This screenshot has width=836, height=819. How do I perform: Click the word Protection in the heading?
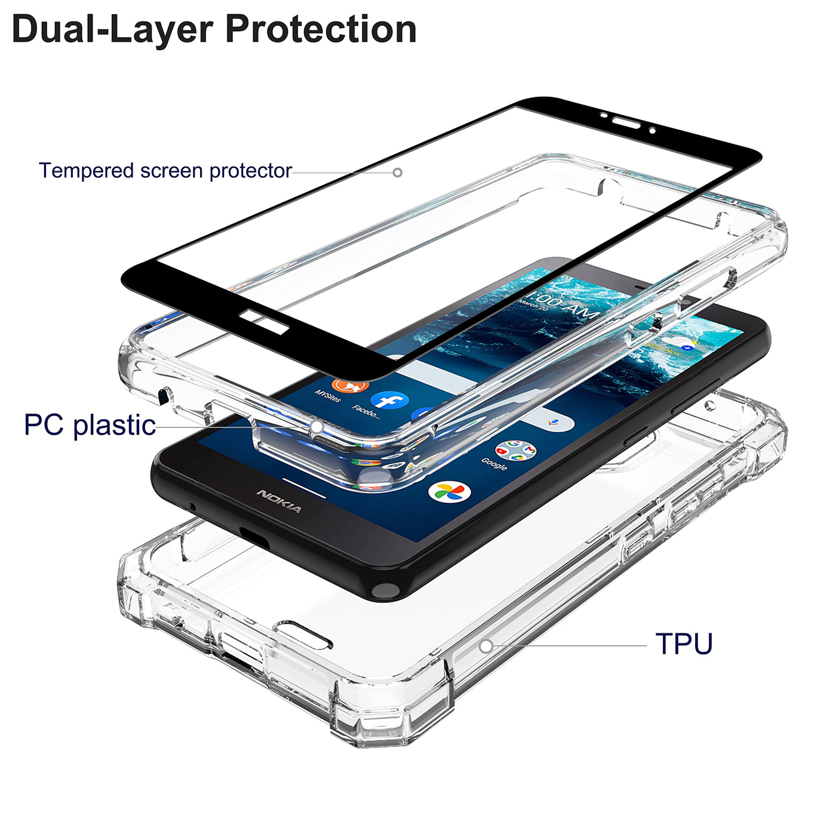pyautogui.click(x=321, y=29)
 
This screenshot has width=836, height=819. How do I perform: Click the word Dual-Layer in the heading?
pyautogui.click(x=112, y=29)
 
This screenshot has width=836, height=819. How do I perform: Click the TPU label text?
pyautogui.click(x=684, y=644)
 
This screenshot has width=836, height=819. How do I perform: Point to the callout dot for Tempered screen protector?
pyautogui.click(x=397, y=173)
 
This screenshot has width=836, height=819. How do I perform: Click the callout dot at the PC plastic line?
pyautogui.click(x=317, y=427)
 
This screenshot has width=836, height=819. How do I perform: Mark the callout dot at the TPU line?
pyautogui.click(x=486, y=646)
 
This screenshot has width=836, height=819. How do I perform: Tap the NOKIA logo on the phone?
pyautogui.click(x=279, y=501)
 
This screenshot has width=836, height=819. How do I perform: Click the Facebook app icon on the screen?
pyautogui.click(x=389, y=401)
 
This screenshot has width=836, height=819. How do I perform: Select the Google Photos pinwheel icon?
pyautogui.click(x=449, y=492)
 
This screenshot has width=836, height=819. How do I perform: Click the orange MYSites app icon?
pyautogui.click(x=351, y=385)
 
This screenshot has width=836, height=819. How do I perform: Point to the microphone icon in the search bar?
pyautogui.click(x=552, y=423)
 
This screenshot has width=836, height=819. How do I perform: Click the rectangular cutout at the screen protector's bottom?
pyautogui.click(x=263, y=321)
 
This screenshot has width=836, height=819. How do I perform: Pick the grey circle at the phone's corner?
pyautogui.click(x=385, y=591)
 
